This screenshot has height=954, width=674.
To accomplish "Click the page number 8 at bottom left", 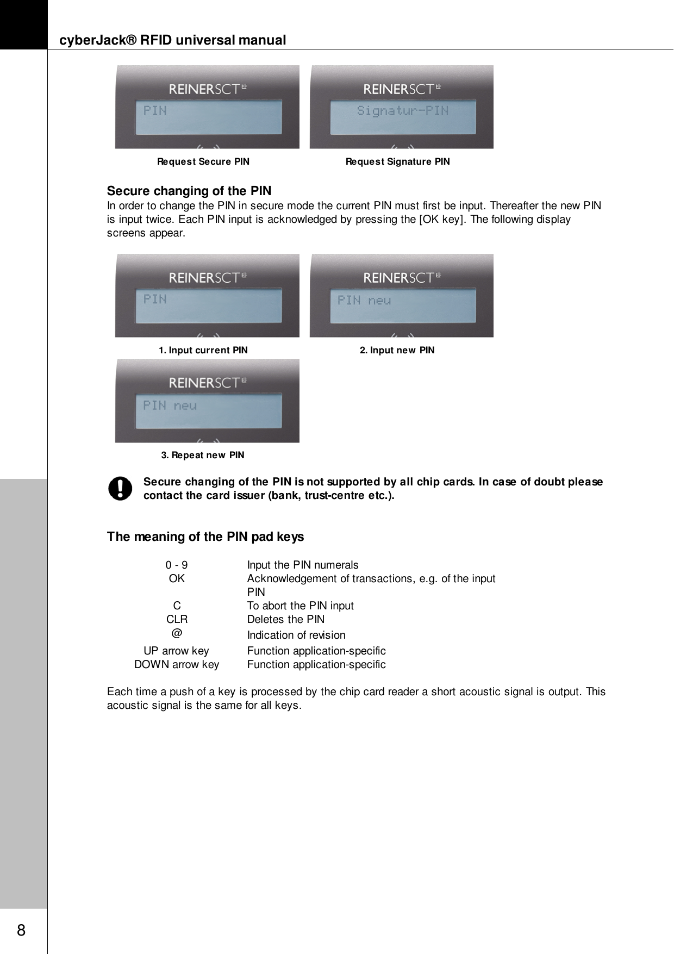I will pos(21,930).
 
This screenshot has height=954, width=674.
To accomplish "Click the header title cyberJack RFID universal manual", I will pos(172,40).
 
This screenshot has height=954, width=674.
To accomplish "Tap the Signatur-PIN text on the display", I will pos(402,111).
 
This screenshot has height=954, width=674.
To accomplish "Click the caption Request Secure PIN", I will pos(203,161).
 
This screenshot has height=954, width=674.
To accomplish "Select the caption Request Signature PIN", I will pos(397,161).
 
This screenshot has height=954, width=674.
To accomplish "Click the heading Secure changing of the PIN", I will pos(189,191).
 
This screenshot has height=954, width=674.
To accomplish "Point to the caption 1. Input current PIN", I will pos(203,350).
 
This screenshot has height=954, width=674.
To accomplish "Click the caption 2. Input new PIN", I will pos(397,350).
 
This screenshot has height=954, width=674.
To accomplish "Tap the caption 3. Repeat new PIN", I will pos(203,455).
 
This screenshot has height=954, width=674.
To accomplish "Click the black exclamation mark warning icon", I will pos(120,488).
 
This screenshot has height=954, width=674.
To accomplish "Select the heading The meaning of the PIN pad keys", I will pos(205,537).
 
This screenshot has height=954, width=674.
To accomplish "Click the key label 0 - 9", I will pos(177,565).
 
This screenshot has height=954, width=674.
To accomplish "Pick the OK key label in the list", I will pos(177,579).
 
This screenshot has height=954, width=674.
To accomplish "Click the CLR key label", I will pos(177,619).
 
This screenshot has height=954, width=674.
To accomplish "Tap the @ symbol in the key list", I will pos(177,634).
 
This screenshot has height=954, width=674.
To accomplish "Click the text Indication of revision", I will pos(296,635).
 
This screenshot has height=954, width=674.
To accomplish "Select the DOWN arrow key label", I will pos(177,664).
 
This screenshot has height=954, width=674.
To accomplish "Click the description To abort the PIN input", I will pos(300,606).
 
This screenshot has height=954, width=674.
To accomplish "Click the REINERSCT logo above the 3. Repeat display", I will pos(208,383).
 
